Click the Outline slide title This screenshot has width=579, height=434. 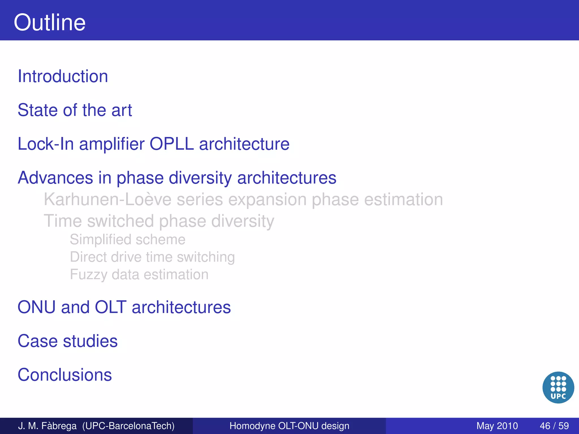point(49,22)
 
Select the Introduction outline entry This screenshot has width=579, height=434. point(63,76)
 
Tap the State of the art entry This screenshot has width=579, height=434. point(75,110)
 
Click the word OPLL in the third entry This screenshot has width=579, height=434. point(171,144)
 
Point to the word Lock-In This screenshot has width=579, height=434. point(45,144)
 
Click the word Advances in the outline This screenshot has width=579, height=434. point(55,178)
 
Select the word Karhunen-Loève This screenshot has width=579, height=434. point(107,199)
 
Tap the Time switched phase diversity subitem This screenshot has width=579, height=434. point(159,221)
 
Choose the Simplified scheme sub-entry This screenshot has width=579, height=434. point(128,240)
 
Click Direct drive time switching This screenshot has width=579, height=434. point(152,257)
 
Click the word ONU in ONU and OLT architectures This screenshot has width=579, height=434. point(36,307)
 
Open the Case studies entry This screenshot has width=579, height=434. point(67,341)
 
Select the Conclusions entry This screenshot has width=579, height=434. point(64,375)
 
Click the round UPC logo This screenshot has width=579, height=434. point(558,387)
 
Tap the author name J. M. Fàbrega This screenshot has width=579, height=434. point(47,426)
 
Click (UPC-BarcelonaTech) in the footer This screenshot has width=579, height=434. point(128,426)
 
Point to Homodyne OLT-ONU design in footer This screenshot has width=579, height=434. point(289,426)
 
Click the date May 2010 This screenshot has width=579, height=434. point(497,426)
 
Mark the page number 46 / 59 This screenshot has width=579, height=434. point(554,426)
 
